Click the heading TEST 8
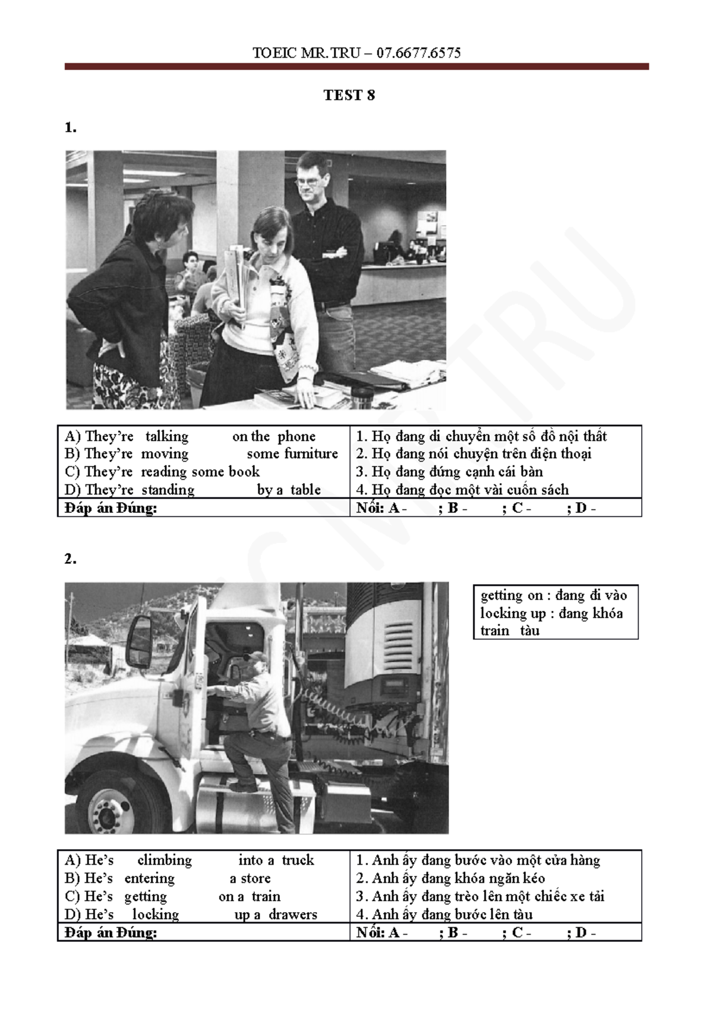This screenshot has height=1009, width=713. [349, 96]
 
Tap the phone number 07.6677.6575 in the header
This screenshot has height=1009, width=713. [418, 53]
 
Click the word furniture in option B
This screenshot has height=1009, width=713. [311, 453]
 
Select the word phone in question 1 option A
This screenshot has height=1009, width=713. [296, 437]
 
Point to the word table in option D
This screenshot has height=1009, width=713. [305, 490]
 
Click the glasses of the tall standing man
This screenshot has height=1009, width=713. [307, 181]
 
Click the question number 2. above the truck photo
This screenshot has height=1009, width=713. [70, 559]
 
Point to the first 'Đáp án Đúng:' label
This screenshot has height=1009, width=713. [111, 508]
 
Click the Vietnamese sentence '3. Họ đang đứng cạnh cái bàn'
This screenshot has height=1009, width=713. [450, 472]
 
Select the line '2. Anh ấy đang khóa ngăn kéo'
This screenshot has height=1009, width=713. [450, 878]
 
